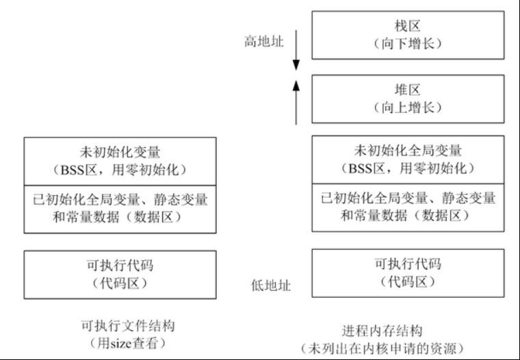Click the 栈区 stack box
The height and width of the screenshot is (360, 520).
(x=408, y=34)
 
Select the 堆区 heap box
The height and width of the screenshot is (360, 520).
(x=408, y=99)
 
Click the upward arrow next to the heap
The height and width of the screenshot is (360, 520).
(x=296, y=101)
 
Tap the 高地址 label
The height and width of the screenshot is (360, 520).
(x=262, y=42)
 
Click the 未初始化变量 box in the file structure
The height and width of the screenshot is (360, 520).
(x=120, y=160)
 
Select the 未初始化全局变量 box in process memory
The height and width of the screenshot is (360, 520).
(x=408, y=160)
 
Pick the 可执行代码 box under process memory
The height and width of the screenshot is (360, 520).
(x=408, y=272)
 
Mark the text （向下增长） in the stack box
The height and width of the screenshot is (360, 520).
(x=408, y=43)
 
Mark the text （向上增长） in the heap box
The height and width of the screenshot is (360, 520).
(x=408, y=107)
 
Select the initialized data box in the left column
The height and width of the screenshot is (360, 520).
(x=120, y=208)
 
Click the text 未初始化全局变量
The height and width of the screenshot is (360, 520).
(x=408, y=151)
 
